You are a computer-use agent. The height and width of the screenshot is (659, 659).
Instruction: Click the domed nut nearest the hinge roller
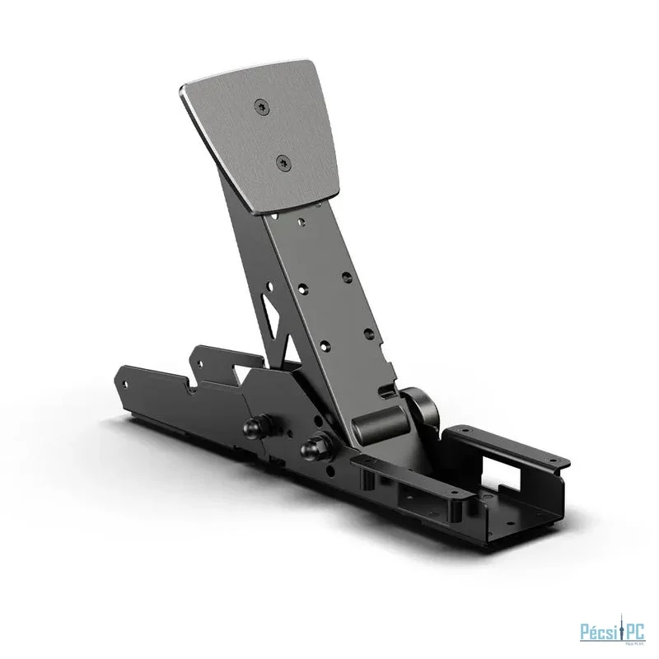pyautogui.click(x=314, y=449)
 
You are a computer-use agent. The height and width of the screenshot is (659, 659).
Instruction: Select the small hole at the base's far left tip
pyautogui.click(x=125, y=384)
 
